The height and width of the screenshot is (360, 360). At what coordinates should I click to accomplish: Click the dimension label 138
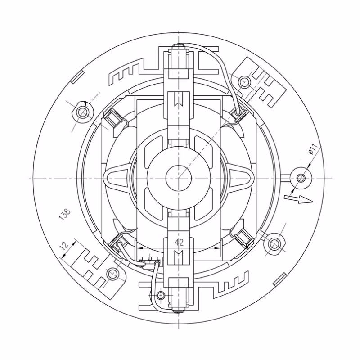[x=65, y=214]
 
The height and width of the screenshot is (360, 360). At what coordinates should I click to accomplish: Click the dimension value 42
[x=179, y=242]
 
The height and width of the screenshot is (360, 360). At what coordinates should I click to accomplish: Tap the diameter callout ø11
[x=313, y=149]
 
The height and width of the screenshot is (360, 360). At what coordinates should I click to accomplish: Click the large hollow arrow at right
[x=299, y=199]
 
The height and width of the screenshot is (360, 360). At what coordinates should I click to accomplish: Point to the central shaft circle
[x=179, y=178]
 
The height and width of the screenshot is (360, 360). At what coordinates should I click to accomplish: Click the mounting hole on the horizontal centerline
[x=301, y=178]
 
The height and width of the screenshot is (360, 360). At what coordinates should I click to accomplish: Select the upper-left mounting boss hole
[x=82, y=112]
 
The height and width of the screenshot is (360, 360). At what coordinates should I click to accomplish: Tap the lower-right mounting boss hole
[x=274, y=244]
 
